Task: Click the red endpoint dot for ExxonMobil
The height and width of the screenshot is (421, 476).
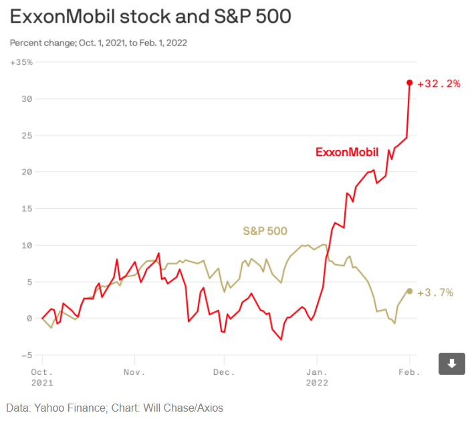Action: click(410, 83)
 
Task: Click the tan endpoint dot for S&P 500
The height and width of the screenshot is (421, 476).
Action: click(410, 291)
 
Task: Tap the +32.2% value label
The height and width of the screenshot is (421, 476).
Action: click(439, 84)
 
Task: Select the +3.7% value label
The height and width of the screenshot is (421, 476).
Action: click(435, 292)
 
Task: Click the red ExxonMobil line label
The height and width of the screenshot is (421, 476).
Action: click(347, 152)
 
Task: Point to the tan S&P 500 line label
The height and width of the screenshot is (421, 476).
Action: click(265, 232)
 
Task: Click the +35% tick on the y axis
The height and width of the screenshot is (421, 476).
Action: click(21, 62)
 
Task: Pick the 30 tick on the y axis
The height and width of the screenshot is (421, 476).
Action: click(27, 98)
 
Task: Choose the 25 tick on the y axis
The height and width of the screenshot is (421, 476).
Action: click(27, 135)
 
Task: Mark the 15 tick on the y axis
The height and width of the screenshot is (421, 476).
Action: click(27, 208)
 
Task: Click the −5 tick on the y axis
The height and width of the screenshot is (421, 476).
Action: click(27, 355)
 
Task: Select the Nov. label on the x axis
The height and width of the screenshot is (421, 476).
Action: click(134, 371)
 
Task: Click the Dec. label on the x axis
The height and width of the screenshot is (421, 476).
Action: click(223, 371)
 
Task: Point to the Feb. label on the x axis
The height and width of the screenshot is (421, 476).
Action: click(409, 371)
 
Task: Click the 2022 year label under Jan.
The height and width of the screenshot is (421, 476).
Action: click(316, 383)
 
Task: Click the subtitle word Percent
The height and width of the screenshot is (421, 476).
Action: click(26, 43)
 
